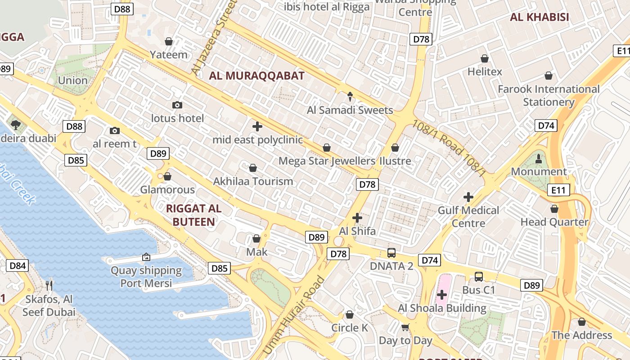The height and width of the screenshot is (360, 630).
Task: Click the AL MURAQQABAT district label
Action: [x=256, y=76]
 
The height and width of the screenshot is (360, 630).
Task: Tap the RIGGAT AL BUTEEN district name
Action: [x=193, y=215]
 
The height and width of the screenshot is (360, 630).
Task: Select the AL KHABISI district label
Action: [x=539, y=18]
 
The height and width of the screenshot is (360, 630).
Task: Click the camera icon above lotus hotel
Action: [x=177, y=105]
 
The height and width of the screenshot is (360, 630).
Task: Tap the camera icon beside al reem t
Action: [x=115, y=130]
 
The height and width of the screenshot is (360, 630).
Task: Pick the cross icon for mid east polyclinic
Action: [x=257, y=126]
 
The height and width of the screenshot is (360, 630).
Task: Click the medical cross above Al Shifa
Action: [x=357, y=218]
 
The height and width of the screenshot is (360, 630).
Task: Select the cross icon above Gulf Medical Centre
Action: [x=468, y=197]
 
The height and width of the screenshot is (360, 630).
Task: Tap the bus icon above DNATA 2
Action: [x=391, y=252]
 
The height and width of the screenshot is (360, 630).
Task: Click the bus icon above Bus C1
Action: [x=478, y=277]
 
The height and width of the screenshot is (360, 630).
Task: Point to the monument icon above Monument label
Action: [x=539, y=158]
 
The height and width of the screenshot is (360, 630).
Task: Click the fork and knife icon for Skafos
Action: [x=49, y=285]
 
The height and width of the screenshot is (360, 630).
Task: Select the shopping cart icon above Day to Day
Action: [x=405, y=327]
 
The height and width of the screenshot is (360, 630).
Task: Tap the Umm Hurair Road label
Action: [x=293, y=315]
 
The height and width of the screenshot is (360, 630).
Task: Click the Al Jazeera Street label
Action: [x=214, y=36]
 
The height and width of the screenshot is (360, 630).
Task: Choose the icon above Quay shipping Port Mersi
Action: [x=146, y=257]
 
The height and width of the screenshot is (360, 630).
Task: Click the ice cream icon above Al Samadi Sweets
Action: [x=350, y=96]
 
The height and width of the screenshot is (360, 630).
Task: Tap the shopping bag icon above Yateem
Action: [x=169, y=41]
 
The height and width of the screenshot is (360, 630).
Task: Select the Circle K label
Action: [x=350, y=328]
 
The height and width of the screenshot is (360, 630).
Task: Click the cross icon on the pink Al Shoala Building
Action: [x=442, y=295]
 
